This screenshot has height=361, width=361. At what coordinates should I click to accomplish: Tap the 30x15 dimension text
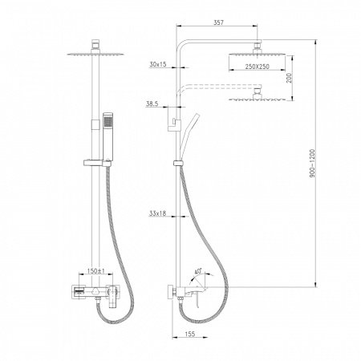click(159, 64)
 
